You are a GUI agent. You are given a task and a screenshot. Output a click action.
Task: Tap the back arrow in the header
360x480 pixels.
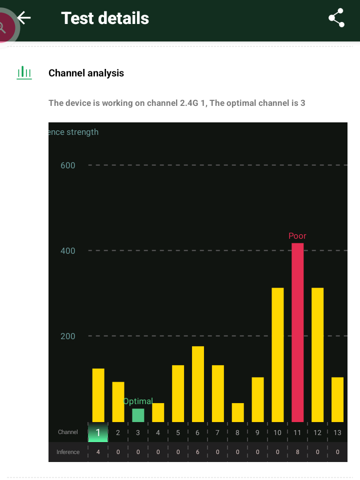(x=24, y=18)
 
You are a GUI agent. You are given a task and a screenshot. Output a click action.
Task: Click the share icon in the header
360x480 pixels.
(x=336, y=18)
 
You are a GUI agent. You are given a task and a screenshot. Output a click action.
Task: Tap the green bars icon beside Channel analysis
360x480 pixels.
(x=24, y=73)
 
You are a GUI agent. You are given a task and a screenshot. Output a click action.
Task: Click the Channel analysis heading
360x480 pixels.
(x=86, y=73)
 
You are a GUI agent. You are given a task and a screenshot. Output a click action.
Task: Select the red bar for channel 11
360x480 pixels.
(x=297, y=332)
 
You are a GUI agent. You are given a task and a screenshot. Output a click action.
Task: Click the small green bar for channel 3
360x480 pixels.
(x=138, y=415)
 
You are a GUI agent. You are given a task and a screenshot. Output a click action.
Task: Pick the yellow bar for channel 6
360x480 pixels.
(x=198, y=384)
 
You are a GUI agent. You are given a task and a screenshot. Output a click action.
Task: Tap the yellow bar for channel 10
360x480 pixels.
(x=277, y=355)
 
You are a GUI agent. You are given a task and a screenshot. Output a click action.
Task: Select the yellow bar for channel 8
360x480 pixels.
(x=238, y=412)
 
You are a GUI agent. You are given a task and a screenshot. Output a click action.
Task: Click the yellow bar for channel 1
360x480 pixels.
(x=98, y=395)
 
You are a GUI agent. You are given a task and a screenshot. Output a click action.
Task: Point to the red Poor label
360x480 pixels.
(x=297, y=236)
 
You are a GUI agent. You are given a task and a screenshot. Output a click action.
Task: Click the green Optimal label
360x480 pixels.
(x=138, y=401)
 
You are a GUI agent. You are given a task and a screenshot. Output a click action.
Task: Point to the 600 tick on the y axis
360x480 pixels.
(x=67, y=165)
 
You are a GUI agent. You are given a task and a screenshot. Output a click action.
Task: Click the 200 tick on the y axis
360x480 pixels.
(x=67, y=336)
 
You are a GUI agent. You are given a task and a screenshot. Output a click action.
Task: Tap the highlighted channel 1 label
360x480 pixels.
(x=98, y=433)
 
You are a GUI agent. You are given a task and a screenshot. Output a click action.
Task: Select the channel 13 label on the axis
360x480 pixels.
(x=337, y=433)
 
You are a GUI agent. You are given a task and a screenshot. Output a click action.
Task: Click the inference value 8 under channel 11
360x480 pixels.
(x=297, y=452)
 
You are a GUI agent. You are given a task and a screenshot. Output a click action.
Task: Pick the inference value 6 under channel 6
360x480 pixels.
(x=198, y=452)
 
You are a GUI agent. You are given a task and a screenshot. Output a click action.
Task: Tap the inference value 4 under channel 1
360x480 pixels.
(x=98, y=452)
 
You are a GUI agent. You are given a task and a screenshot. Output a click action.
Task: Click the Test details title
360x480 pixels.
(x=105, y=18)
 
